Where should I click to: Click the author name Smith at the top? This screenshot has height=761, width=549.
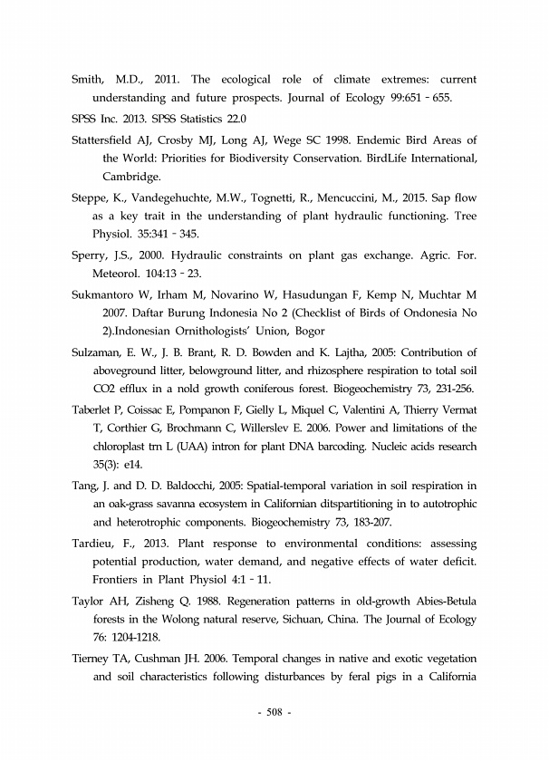88,80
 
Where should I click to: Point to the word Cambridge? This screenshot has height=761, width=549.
132,177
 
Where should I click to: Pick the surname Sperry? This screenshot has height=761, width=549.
91,255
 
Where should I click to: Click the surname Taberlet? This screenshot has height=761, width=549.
95,409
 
